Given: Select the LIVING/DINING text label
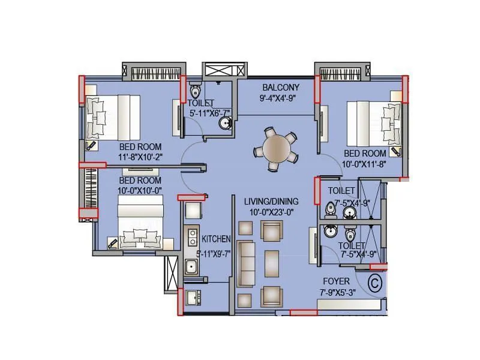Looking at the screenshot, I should tap(271, 201).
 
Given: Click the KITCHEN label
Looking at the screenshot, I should tap(217, 239).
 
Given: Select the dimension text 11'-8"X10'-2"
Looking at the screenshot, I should tap(141, 157).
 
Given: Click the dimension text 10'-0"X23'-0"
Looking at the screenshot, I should tap(271, 211).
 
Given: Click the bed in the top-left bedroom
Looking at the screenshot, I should tap(112, 117).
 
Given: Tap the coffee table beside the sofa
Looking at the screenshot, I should tap(272, 263).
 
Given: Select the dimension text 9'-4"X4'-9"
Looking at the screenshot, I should tap(279, 97).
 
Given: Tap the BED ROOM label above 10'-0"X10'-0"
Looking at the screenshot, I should tap(140, 180).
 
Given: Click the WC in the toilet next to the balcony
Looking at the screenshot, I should tap(195, 92).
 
